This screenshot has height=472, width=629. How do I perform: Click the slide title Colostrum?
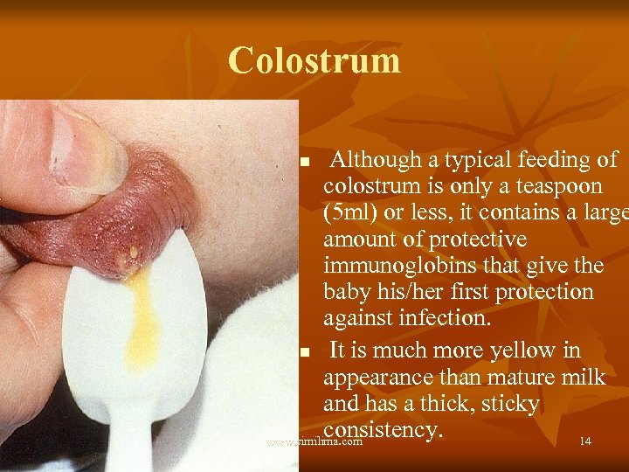click(314, 61)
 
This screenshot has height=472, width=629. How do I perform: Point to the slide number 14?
click(584, 441)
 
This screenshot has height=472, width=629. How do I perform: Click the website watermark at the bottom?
click(314, 442)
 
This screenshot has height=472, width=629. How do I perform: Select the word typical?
click(481, 160)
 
